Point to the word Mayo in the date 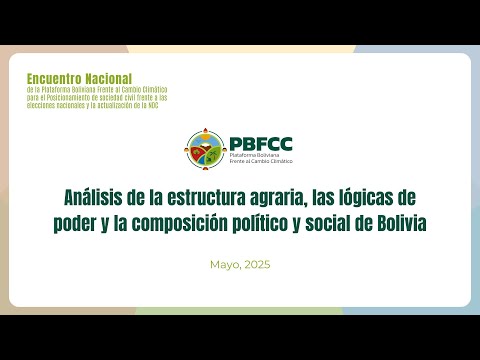click(x=226, y=265)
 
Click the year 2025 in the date click(x=257, y=265)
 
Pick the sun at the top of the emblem click(x=206, y=131)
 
